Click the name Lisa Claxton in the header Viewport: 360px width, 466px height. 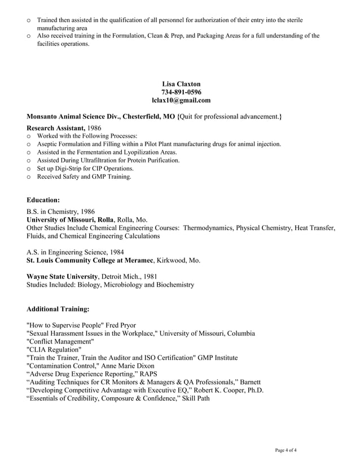pos(181,84)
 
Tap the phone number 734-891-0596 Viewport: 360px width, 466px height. pos(181,92)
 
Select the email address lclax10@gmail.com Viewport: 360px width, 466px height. pos(181,100)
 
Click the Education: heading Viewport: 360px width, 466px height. pos(43,200)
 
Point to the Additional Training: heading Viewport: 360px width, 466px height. pos(58,309)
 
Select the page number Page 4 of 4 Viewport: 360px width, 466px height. pos(286,450)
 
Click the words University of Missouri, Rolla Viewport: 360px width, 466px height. pos(71,219)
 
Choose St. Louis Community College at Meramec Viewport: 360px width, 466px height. pos(90,260)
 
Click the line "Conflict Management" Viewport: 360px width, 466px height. pos(60,342)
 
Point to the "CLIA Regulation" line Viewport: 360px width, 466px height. pos(54,350)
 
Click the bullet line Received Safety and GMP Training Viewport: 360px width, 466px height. pos(84,177)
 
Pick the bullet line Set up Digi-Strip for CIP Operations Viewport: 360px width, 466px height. pos(85,169)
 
